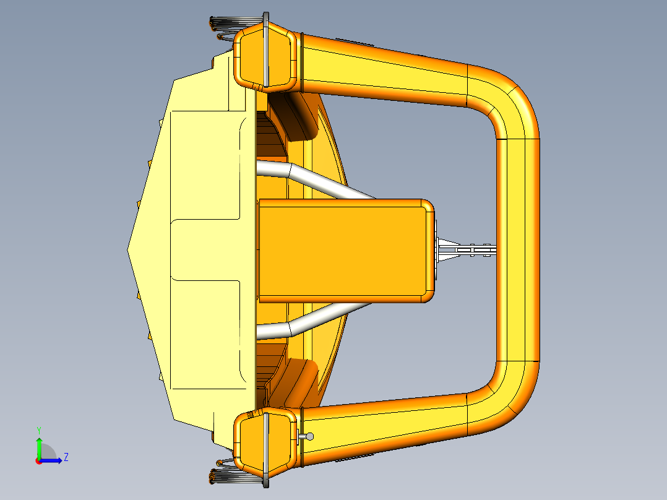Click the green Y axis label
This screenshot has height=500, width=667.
click(x=39, y=429)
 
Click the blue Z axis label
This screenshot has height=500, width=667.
click(x=66, y=457)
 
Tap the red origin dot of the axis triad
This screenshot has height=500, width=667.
click(x=38, y=460)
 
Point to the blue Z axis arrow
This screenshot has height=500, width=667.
click(x=53, y=460)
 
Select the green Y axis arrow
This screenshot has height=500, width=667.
click(x=39, y=446)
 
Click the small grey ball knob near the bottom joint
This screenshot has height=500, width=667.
click(x=310, y=436)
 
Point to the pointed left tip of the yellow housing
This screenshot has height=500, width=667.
click(x=129, y=250)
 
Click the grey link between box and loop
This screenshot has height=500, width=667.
click(x=467, y=250)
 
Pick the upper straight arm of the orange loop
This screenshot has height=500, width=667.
click(x=384, y=68)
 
